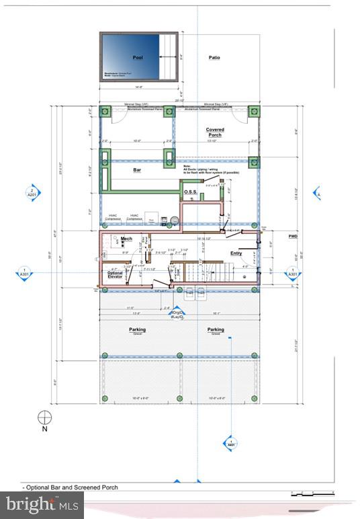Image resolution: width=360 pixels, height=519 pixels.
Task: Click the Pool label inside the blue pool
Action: (x=138, y=58)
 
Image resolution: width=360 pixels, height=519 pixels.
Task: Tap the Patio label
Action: (x=214, y=58)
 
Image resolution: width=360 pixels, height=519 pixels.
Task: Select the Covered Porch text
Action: (x=215, y=132)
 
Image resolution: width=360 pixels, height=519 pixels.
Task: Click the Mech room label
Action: (x=126, y=239)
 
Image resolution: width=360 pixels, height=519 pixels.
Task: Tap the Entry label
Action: (x=236, y=253)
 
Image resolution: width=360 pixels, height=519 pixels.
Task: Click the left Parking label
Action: (x=138, y=329)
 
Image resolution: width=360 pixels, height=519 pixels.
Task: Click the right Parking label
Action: (x=216, y=329)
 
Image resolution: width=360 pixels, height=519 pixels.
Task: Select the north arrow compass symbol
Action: (x=45, y=417)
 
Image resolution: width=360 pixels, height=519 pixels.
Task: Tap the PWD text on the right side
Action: (x=293, y=236)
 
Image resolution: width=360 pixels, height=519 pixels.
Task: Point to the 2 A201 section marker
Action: (x=31, y=193)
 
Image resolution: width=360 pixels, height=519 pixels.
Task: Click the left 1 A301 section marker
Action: (x=24, y=272)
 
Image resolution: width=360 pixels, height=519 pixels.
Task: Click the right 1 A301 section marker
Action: (x=292, y=272)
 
